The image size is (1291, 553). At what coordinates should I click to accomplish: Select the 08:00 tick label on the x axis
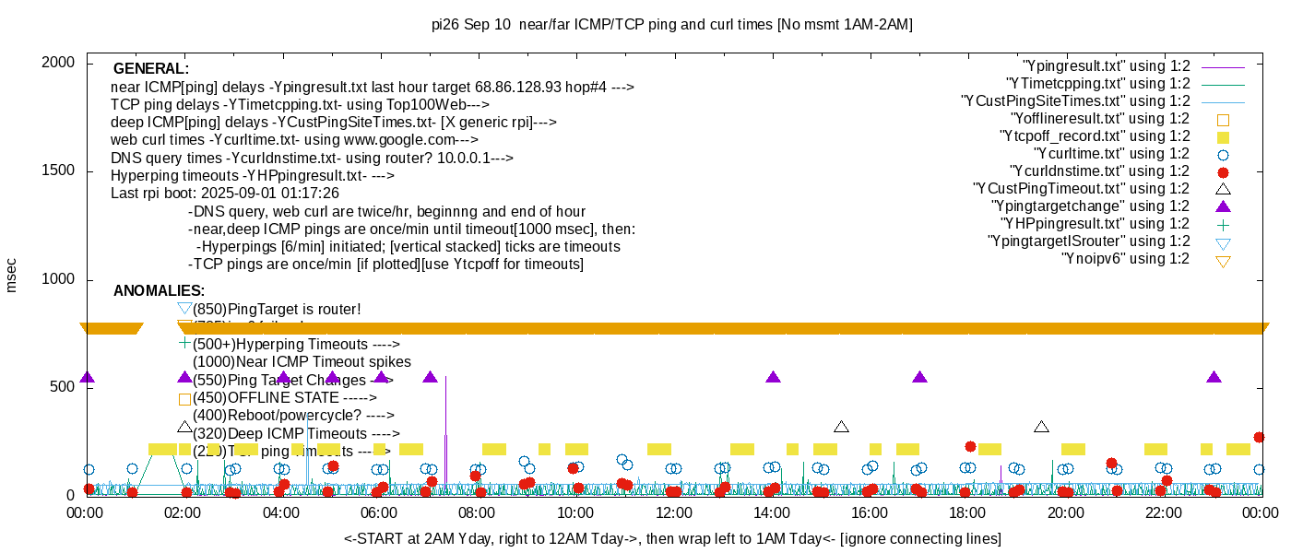478,513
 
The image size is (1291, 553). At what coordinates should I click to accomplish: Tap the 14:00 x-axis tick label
771,513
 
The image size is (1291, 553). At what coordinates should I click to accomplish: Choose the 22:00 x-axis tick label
1162,513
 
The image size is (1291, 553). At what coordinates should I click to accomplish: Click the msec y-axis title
12,275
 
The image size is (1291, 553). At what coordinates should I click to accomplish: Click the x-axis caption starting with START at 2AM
672,538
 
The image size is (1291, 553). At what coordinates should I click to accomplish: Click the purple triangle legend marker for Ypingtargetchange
1223,206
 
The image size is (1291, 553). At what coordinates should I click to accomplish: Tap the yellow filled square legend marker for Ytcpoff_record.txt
1223,136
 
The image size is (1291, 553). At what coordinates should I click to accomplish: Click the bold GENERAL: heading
151,69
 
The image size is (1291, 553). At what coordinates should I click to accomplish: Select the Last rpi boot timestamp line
225,193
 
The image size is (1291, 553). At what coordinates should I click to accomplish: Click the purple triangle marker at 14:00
773,377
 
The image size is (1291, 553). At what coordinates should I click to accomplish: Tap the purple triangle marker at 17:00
919,377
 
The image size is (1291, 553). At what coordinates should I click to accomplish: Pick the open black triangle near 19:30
1041,427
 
